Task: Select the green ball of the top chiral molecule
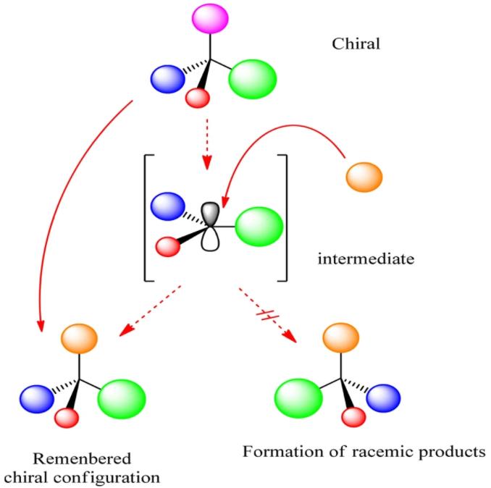252,79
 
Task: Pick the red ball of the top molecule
197,99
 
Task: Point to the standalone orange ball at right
364,176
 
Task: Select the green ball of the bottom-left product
121,397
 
